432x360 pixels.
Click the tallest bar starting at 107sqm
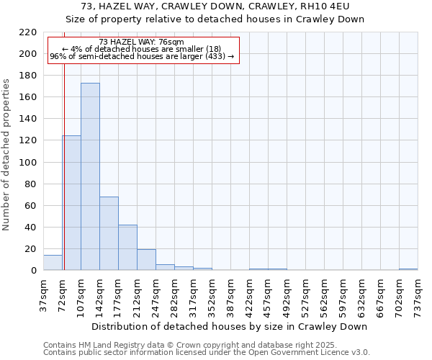click(x=90, y=176)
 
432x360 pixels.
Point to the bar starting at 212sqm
click(x=146, y=260)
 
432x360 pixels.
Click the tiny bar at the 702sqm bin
click(x=408, y=269)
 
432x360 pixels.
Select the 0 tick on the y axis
click(x=34, y=271)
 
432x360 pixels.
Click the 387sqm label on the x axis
click(x=230, y=294)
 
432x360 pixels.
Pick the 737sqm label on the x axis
click(x=418, y=294)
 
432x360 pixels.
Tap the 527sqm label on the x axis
click(x=305, y=294)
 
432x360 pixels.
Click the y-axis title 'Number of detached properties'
click(x=6, y=155)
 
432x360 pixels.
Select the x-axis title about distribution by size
click(x=230, y=326)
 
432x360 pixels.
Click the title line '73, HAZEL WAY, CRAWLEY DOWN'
click(x=216, y=6)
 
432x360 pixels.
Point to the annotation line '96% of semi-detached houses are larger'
click(x=142, y=56)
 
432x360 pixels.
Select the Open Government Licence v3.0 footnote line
click(x=207, y=352)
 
